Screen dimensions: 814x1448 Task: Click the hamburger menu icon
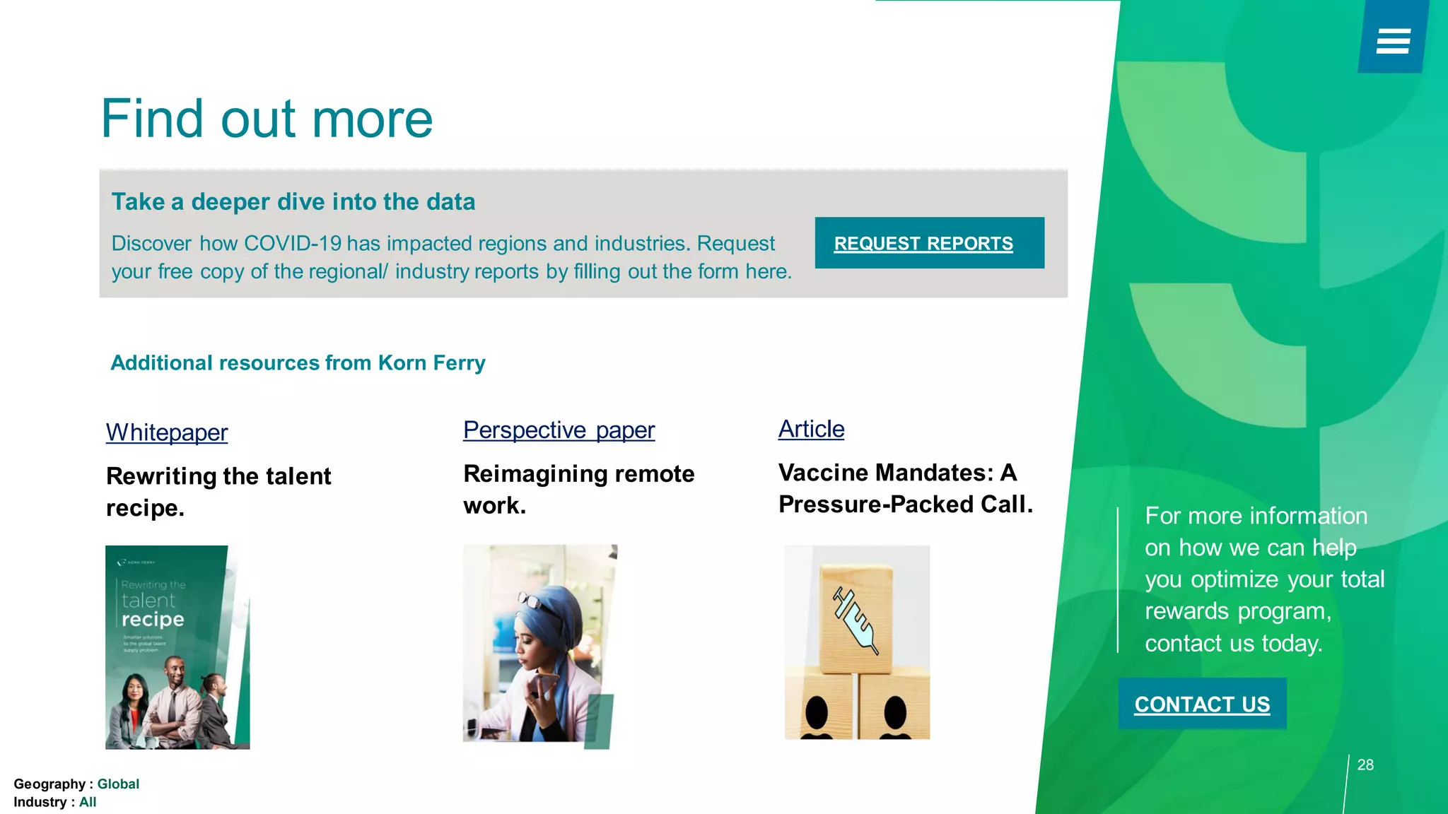[1393, 41]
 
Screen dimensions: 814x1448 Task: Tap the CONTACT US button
[1202, 704]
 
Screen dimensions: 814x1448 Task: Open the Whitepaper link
[167, 432]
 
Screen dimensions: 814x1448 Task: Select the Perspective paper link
[559, 430]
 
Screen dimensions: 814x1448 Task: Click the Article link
[811, 429]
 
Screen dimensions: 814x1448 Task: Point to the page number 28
[1365, 765]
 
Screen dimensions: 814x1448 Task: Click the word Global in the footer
[118, 784]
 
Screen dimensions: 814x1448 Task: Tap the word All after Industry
[88, 802]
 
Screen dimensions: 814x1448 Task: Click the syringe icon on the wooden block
[856, 620]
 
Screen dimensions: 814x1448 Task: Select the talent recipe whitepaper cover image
[177, 647]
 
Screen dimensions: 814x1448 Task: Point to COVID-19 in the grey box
[293, 244]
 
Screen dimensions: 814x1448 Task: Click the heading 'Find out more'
[267, 119]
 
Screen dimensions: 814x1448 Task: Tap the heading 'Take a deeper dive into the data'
[293, 202]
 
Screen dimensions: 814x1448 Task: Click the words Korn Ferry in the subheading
[431, 363]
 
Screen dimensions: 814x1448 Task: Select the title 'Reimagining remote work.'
[578, 489]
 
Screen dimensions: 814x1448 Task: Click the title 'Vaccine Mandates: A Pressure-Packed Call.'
[905, 488]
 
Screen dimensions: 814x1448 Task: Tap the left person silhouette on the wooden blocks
[817, 715]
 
